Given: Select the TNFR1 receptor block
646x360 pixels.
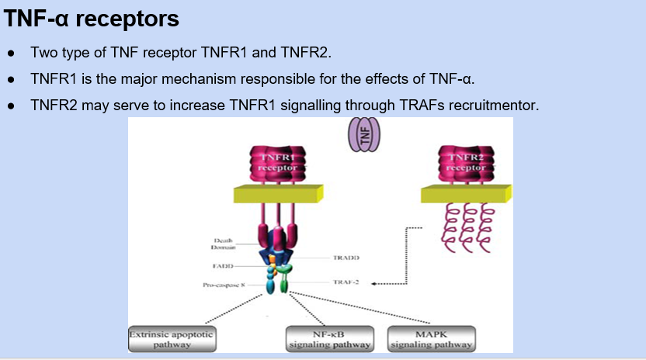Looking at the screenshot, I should pyautogui.click(x=277, y=164).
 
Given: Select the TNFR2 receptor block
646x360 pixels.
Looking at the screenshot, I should pyautogui.click(x=465, y=164).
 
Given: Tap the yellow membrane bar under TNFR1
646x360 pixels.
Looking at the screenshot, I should pyautogui.click(x=274, y=195).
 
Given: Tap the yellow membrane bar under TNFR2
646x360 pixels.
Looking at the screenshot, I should pyautogui.click(x=465, y=195).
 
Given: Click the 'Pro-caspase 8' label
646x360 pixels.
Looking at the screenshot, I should pyautogui.click(x=224, y=286).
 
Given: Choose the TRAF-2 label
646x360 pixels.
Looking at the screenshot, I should pyautogui.click(x=346, y=282).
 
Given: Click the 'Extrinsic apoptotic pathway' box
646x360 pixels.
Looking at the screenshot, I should pyautogui.click(x=172, y=338).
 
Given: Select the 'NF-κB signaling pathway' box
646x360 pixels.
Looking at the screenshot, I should pyautogui.click(x=330, y=339).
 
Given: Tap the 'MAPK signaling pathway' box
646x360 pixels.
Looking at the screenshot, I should pyautogui.click(x=430, y=339).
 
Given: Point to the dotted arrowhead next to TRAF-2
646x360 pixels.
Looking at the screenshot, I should pyautogui.click(x=374, y=283).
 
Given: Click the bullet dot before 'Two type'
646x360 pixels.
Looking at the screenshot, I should pyautogui.click(x=11, y=54).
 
